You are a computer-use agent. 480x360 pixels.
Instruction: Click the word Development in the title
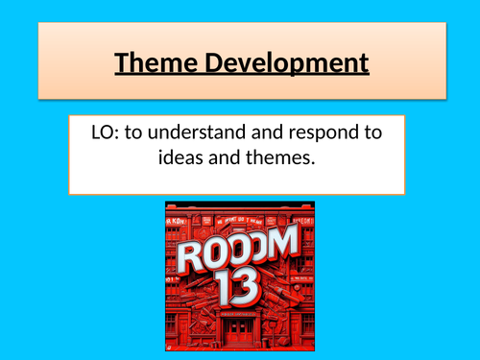[285, 64]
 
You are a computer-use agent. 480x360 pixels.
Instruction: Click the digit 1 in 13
[228, 286]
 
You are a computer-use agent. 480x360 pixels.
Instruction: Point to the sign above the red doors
[239, 308]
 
